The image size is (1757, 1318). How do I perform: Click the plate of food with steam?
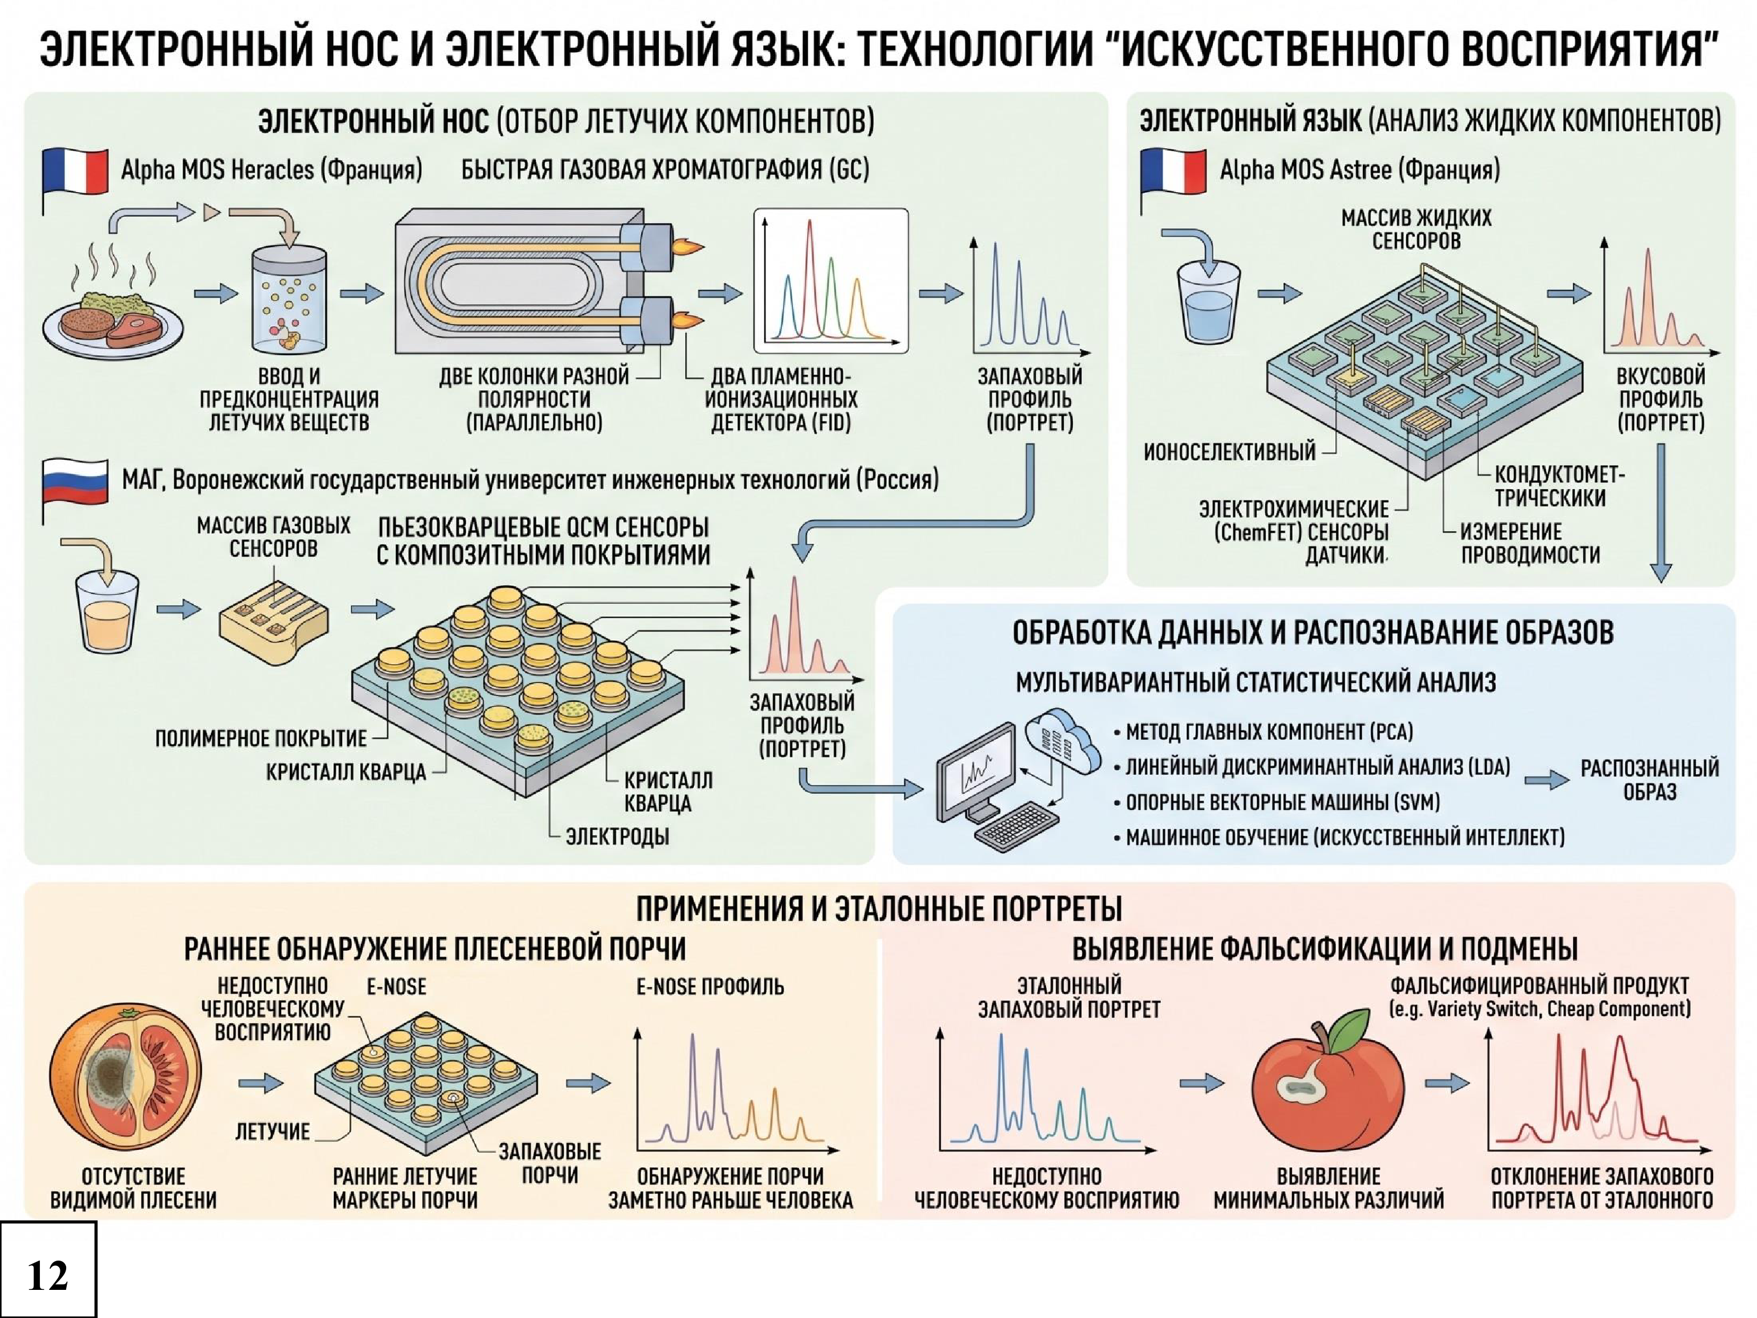pyautogui.click(x=113, y=310)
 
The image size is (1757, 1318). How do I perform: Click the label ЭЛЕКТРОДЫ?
pyautogui.click(x=617, y=836)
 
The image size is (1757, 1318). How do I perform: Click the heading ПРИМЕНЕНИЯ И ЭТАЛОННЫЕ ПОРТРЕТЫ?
pyautogui.click(x=879, y=908)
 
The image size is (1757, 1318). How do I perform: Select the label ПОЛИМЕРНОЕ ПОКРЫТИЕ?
pyautogui.click(x=261, y=739)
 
